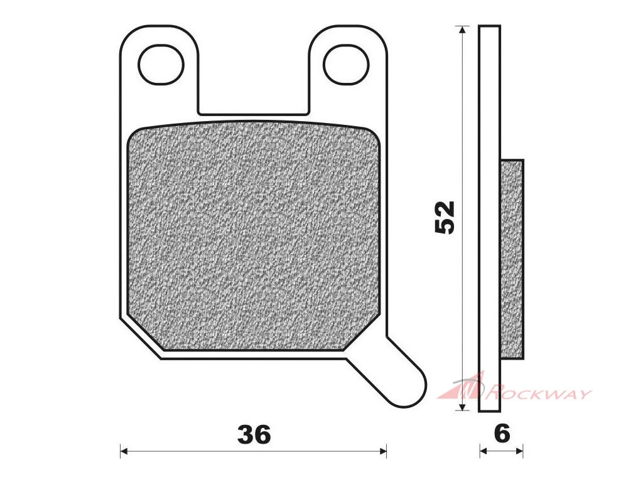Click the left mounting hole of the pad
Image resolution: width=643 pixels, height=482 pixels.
pos(161,65)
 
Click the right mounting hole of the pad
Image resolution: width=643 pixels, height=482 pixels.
pos(346,65)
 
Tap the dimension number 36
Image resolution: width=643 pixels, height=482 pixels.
pos(254,434)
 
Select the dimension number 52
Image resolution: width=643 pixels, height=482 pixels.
pos(445,217)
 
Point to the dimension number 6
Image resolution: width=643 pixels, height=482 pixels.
pos(502,434)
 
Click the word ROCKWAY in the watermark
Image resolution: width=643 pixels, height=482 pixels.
pos(538,394)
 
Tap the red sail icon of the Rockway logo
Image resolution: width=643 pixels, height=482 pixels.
pos(462,385)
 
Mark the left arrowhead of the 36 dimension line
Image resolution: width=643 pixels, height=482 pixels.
pos(124,451)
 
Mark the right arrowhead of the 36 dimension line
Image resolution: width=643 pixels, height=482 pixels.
pos(383,451)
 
